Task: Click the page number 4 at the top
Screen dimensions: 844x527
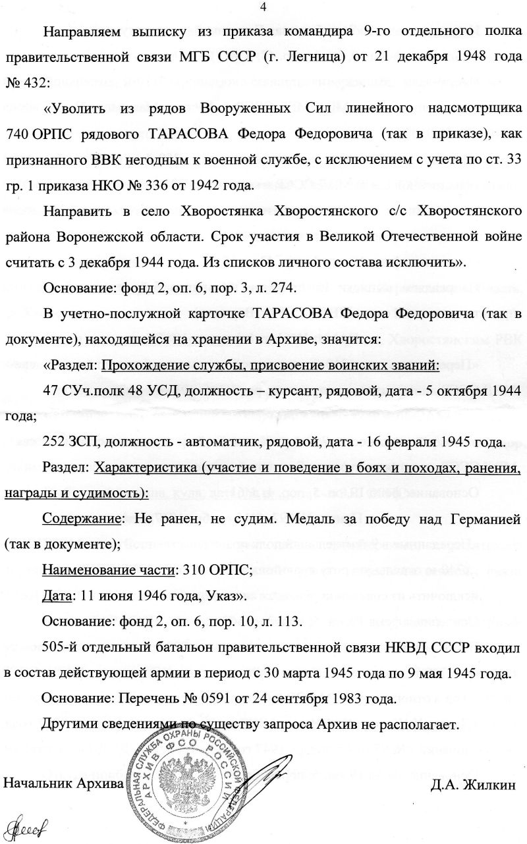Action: tap(263, 8)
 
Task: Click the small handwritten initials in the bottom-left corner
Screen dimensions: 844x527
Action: tap(20, 828)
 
